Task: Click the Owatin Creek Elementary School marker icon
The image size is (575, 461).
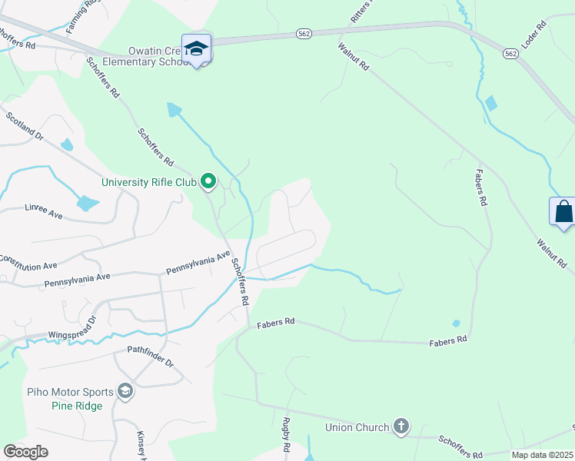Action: (x=196, y=48)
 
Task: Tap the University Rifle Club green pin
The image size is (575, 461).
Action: (x=208, y=182)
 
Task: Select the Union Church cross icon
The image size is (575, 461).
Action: (x=400, y=426)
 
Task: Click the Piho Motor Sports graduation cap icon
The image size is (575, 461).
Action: (x=125, y=392)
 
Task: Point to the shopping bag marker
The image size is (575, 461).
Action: (x=563, y=211)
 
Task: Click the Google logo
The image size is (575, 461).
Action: (x=25, y=451)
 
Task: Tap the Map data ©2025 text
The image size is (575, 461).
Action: (x=542, y=455)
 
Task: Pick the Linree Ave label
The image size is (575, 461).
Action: (x=43, y=209)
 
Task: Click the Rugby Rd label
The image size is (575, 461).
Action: (x=286, y=435)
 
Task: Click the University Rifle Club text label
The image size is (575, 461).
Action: (x=149, y=183)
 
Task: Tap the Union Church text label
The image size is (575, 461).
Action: (x=357, y=427)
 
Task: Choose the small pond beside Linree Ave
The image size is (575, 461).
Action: (x=87, y=204)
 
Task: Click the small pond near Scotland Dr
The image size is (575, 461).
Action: (x=67, y=144)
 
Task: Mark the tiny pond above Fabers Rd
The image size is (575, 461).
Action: (x=456, y=323)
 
